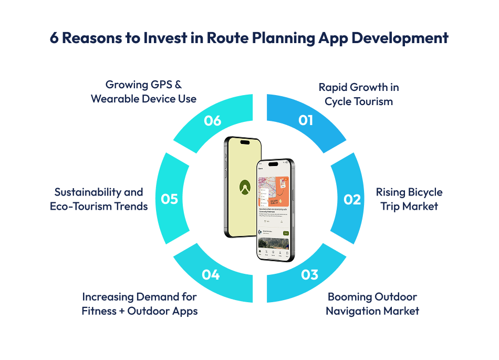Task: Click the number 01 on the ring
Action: [x=306, y=120]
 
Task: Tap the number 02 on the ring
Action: [x=352, y=200]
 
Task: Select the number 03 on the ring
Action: [x=310, y=274]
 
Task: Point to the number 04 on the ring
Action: [x=211, y=274]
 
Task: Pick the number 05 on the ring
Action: [x=170, y=200]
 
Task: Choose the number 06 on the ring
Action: [x=213, y=120]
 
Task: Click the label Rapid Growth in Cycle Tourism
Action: [x=359, y=94]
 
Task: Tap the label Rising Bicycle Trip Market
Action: [x=409, y=199]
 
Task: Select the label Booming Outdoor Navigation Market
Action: [x=372, y=304]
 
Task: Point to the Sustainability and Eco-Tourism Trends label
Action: [x=99, y=199]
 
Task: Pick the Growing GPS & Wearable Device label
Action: [x=143, y=91]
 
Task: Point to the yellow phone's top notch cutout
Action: [x=245, y=142]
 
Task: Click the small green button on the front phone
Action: [x=286, y=233]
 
